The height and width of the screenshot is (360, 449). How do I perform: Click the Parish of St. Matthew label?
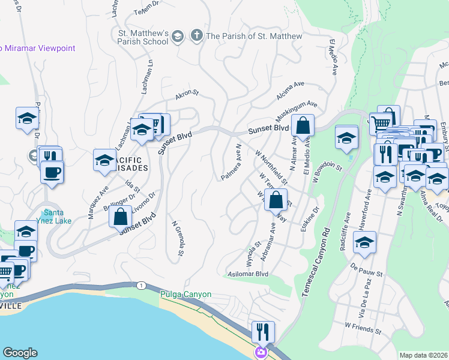click(254, 37)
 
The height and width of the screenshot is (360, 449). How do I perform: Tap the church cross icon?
click(196, 37)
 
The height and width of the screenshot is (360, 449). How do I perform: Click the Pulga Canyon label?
click(185, 295)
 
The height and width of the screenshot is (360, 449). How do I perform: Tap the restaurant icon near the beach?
click(263, 332)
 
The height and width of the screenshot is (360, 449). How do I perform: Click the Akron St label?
click(186, 95)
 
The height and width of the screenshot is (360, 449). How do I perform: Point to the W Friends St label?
click(363, 328)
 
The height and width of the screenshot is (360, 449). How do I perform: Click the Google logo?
click(20, 353)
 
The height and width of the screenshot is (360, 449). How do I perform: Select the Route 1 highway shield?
click(140, 285)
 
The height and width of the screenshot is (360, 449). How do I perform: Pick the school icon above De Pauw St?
click(364, 242)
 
